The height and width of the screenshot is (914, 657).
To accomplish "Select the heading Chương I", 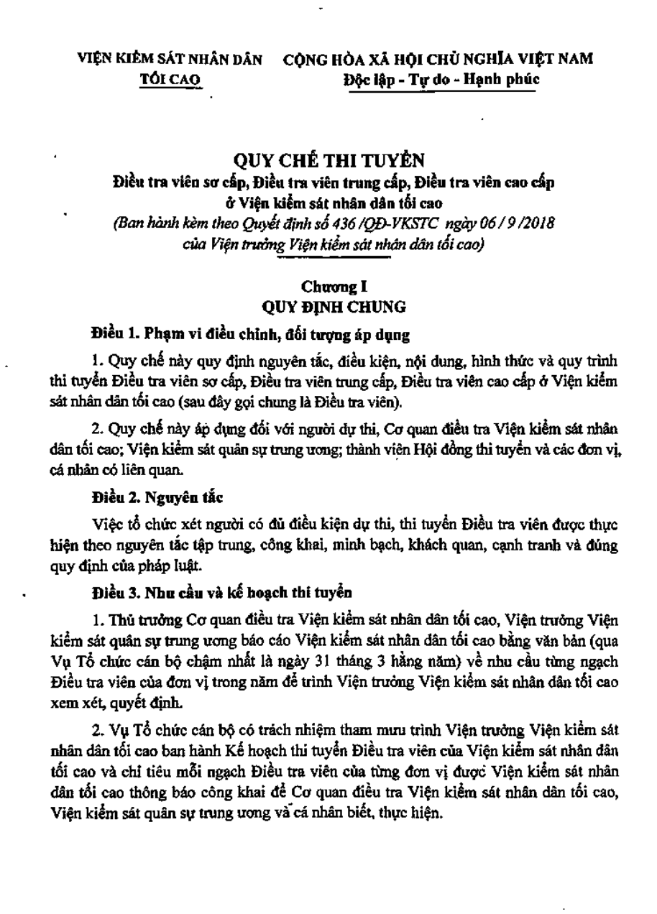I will tap(330, 288).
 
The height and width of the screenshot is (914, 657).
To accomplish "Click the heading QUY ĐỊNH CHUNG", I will tap(334, 307).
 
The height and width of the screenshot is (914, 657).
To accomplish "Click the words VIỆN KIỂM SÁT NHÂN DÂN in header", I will tap(171, 60).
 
